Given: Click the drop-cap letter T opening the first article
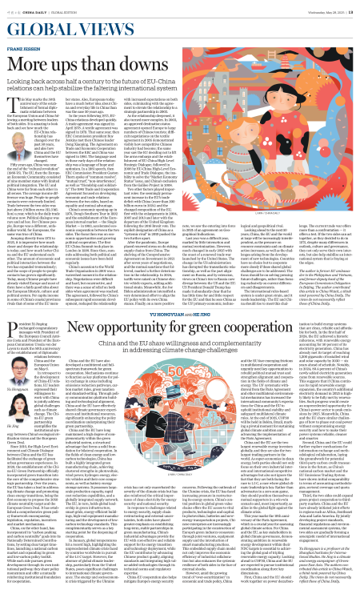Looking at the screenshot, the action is click(x=8, y=93).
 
